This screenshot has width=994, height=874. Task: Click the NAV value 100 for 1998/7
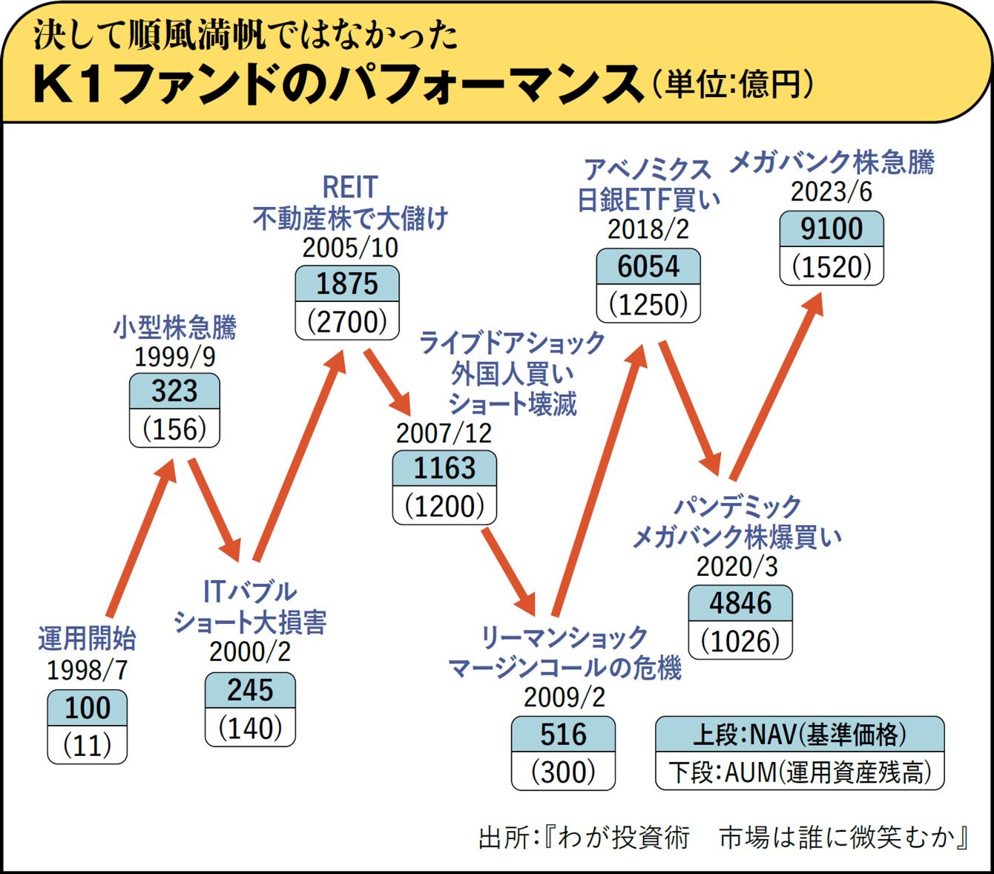[x=88, y=708]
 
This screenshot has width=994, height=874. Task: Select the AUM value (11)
[x=88, y=745]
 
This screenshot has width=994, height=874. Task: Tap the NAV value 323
[x=174, y=391]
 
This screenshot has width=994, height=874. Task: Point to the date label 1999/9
[x=174, y=357]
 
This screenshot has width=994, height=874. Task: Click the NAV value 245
[x=250, y=690]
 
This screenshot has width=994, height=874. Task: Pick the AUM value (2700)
[x=347, y=321]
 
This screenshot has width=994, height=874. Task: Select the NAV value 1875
[x=347, y=283]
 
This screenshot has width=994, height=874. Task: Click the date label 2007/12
[x=444, y=433]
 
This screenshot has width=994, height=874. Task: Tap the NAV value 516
[x=563, y=735]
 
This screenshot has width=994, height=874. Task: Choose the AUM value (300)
[x=563, y=772]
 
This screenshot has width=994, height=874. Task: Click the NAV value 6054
[x=648, y=266]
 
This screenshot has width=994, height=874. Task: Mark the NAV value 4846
[x=740, y=603]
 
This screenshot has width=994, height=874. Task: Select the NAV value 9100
[x=832, y=229]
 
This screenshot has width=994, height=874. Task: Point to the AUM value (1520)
[x=832, y=266]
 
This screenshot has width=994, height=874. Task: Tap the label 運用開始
[x=87, y=639]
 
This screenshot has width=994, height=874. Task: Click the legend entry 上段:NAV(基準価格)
[x=800, y=735]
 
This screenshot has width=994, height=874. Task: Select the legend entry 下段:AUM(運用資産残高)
[x=800, y=772]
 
